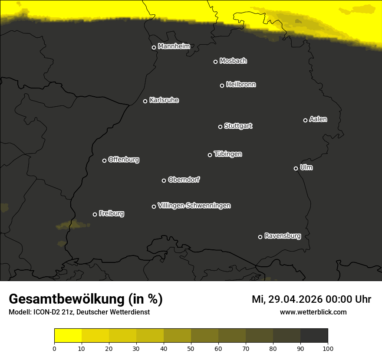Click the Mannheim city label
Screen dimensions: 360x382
(174, 46)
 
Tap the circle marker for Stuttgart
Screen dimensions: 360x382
(220, 127)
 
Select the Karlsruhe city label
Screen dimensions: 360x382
(164, 100)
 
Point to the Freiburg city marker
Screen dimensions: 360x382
(95, 214)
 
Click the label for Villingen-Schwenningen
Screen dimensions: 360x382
(194, 206)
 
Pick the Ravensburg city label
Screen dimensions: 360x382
(282, 236)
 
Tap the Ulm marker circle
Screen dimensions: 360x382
(296, 168)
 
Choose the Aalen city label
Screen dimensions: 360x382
(318, 119)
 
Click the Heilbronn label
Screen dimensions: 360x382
(241, 85)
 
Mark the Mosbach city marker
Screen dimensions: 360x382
(215, 62)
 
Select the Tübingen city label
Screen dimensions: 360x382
(227, 154)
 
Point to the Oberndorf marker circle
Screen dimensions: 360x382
(164, 180)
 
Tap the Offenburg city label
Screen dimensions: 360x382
(124, 160)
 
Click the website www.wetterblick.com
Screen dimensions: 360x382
(313, 312)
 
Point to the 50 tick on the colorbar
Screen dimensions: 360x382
(191, 348)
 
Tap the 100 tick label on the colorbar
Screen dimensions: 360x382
(328, 348)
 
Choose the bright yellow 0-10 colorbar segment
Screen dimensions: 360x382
(68, 335)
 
